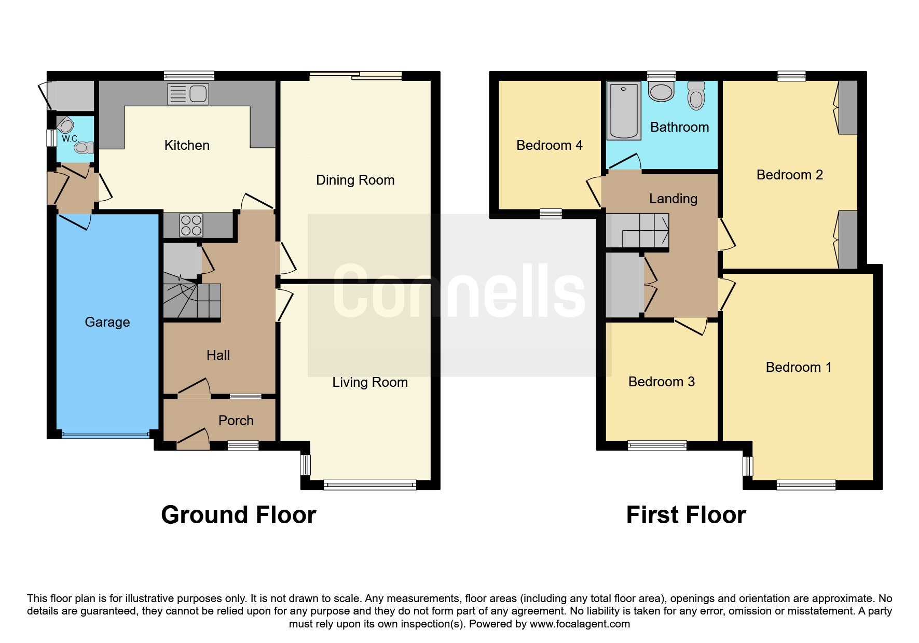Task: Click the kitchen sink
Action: tap(188, 94)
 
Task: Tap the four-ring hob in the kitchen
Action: tap(191, 226)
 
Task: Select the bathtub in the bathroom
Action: tap(623, 110)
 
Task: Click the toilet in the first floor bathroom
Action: tap(696, 95)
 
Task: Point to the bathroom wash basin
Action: tap(661, 91)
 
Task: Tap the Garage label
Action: tap(107, 322)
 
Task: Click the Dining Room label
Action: tap(355, 180)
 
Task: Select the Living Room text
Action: tap(370, 382)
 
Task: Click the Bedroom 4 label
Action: tap(550, 145)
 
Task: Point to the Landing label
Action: tap(673, 199)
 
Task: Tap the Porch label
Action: tap(236, 421)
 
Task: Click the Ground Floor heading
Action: tap(239, 515)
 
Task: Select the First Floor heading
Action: tap(686, 515)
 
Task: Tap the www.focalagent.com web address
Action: tap(580, 624)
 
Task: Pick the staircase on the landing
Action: tap(638, 231)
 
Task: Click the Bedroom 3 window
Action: tap(657, 445)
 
